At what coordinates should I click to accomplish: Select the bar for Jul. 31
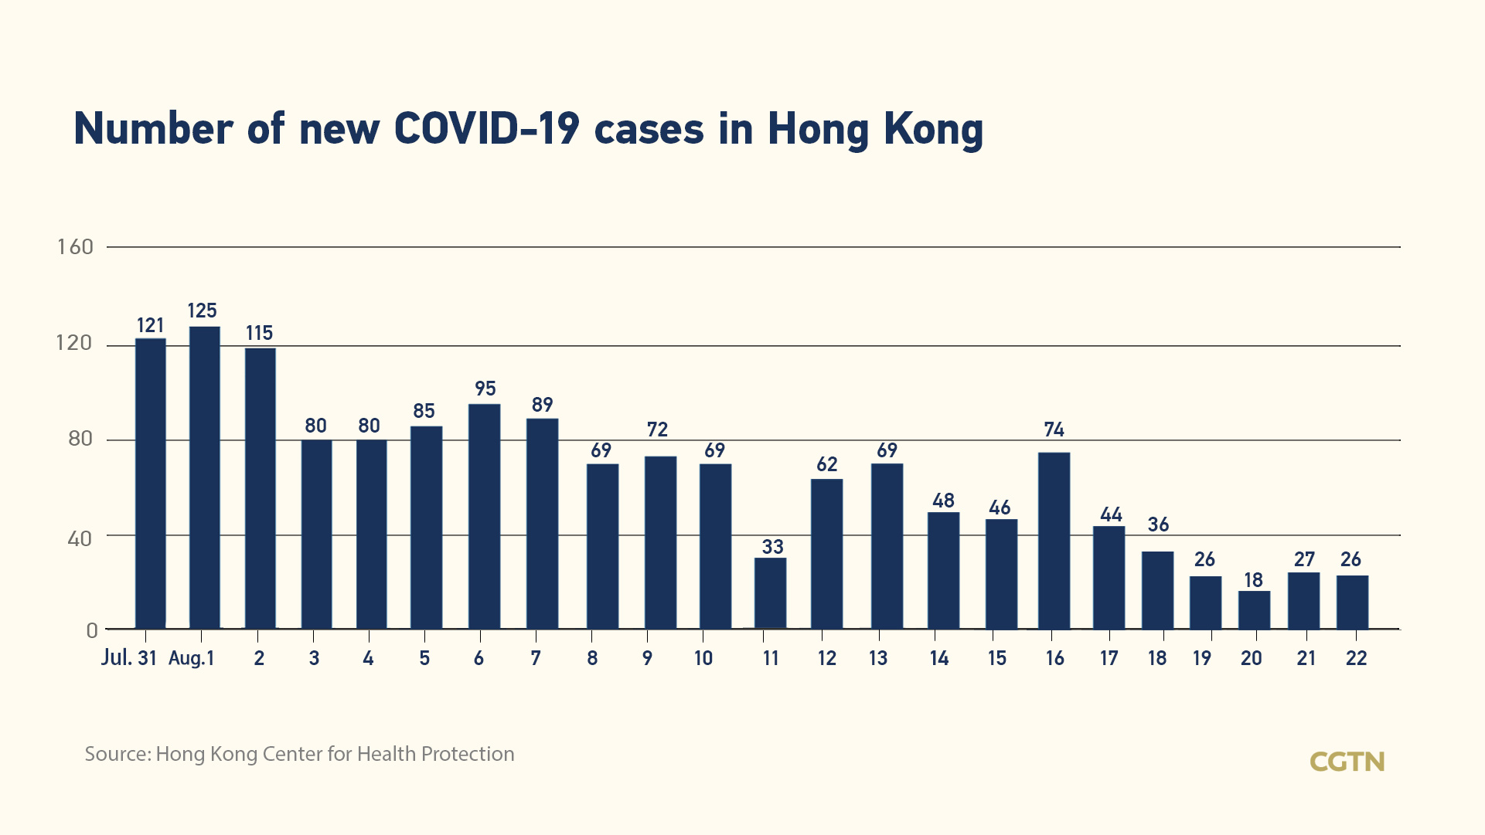tap(151, 484)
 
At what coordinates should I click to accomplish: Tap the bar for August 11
tap(771, 593)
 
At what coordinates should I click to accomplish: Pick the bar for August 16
tap(1054, 541)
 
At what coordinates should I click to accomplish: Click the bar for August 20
tap(1254, 610)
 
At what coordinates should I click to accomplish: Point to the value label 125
tap(203, 311)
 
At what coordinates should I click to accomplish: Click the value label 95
tap(485, 389)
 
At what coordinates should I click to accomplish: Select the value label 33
tap(772, 547)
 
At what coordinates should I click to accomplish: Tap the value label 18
tap(1253, 580)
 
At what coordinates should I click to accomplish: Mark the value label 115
tap(260, 333)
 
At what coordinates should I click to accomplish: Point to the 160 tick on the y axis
tap(75, 247)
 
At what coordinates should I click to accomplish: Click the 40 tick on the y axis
tap(80, 538)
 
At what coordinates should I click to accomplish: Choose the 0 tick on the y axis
tap(92, 631)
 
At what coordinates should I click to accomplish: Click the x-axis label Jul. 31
tap(129, 658)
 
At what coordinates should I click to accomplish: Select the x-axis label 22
tap(1357, 658)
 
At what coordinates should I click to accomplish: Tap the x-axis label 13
tap(878, 658)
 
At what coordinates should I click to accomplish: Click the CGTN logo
tap(1347, 762)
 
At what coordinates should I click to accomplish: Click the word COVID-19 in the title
tap(486, 129)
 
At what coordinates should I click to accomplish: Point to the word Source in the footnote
tap(117, 754)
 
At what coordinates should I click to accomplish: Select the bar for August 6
tap(485, 516)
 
